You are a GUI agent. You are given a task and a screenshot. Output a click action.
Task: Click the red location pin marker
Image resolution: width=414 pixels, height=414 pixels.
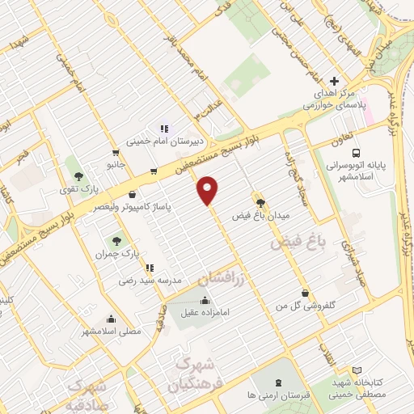[209, 189]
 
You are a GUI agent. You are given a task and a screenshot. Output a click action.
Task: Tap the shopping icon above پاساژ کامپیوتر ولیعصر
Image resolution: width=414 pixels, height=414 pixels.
[132, 194]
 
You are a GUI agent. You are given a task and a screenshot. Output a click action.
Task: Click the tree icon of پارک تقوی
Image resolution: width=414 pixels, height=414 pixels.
[78, 176]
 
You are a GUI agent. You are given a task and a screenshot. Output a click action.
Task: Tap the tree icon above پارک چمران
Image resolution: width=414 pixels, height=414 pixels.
[118, 240]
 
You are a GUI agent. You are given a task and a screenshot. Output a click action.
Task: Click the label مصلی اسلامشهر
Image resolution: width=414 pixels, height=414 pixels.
[111, 331]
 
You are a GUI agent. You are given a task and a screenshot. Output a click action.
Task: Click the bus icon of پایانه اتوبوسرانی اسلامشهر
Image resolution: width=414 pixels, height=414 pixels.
[356, 154]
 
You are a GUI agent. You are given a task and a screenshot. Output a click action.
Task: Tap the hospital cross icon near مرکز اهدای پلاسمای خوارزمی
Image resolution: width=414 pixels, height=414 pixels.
[334, 80]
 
